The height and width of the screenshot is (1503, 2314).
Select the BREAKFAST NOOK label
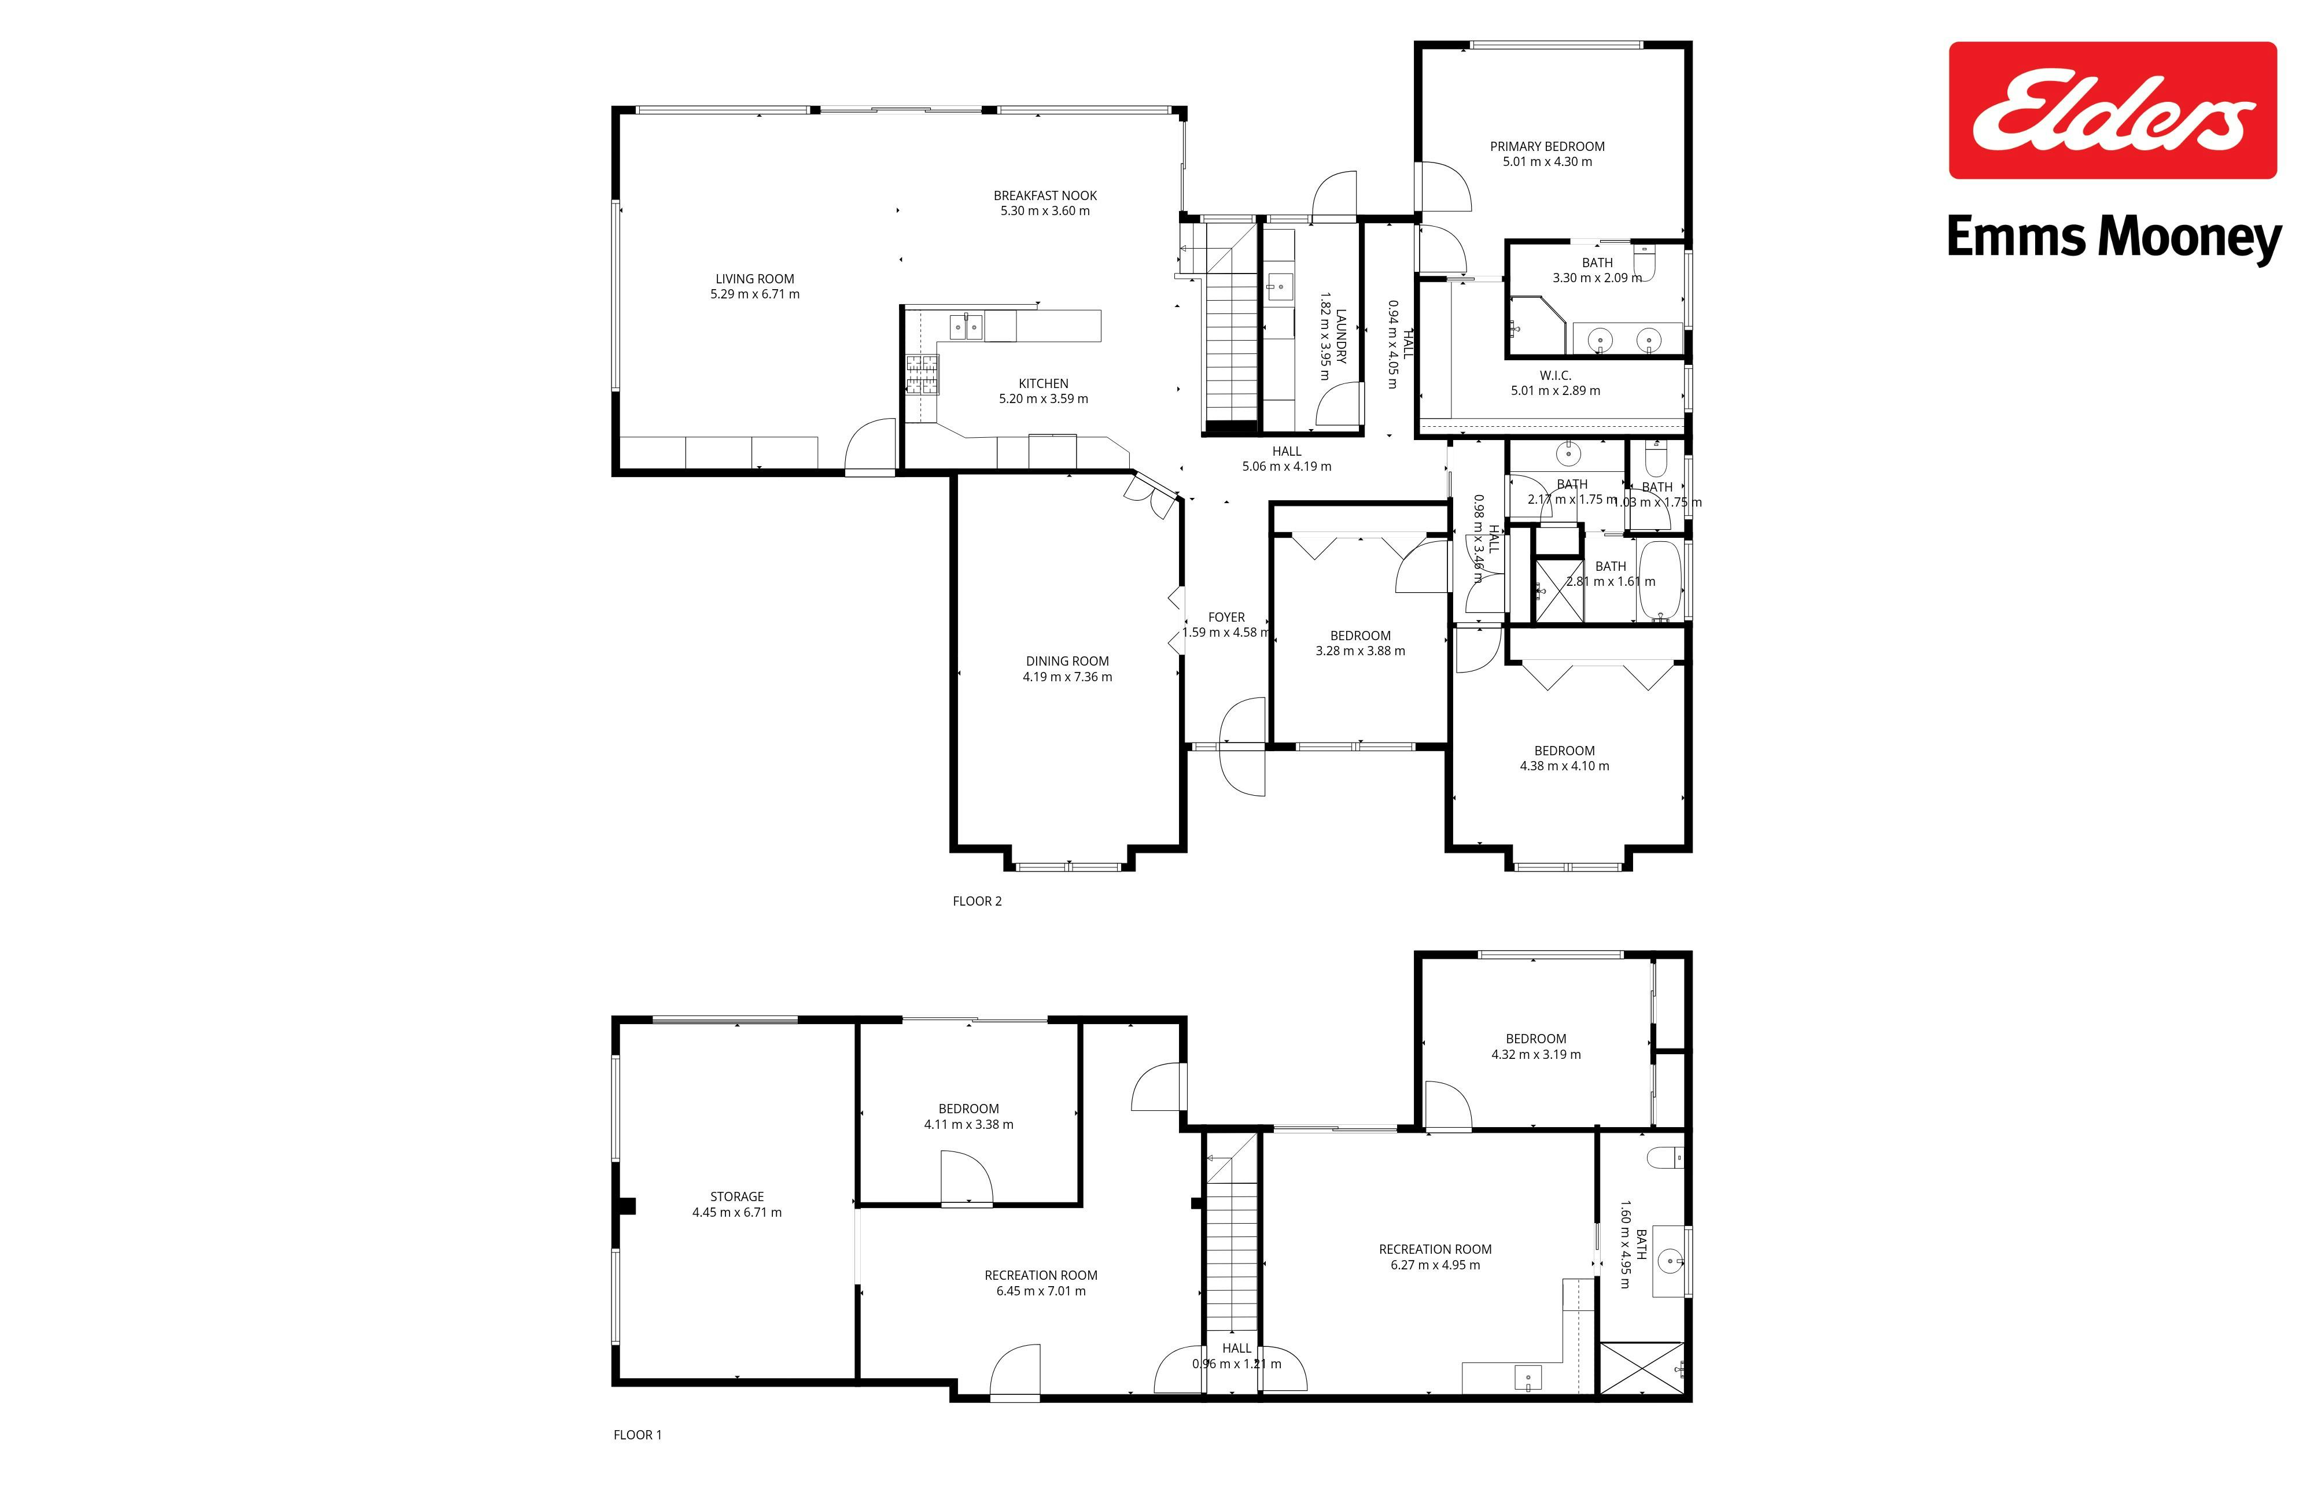coord(1045,195)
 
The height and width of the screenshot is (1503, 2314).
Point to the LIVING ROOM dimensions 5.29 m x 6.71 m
coord(754,294)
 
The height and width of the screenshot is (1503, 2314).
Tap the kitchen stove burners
coord(243,375)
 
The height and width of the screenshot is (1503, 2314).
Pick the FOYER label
coord(1226,618)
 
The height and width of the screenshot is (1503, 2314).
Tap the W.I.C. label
coord(1554,375)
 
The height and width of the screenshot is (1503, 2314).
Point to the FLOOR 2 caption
coord(977,901)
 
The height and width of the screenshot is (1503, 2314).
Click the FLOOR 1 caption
coord(638,1435)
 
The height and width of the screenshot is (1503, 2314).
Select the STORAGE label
coord(737,1197)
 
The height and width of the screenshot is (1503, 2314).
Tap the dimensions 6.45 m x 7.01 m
coord(1040,1291)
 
